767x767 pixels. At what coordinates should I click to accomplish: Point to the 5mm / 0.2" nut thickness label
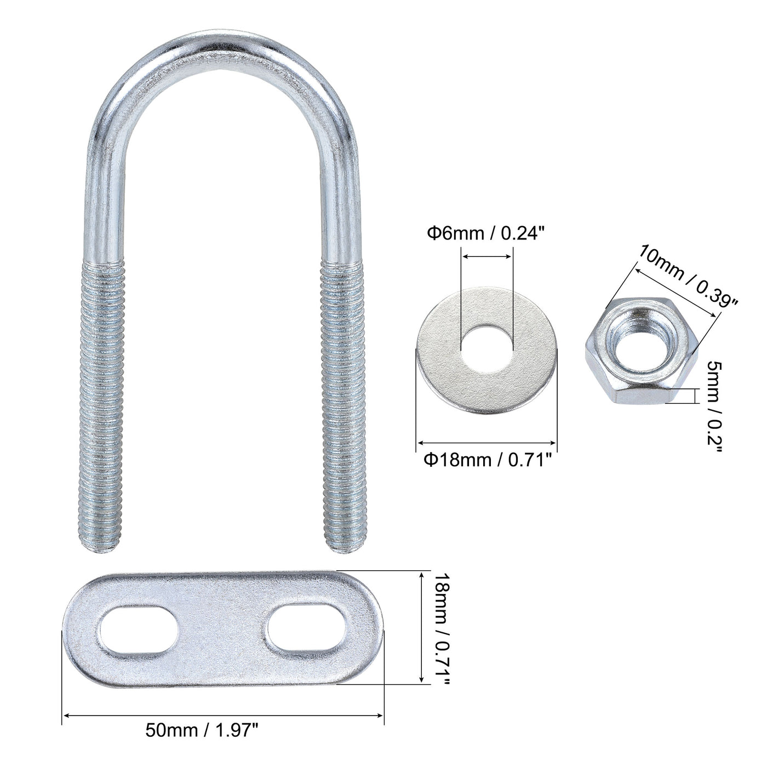point(714,406)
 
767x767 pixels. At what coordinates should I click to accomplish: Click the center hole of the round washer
point(486,347)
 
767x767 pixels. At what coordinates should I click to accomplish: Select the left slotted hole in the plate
point(138,628)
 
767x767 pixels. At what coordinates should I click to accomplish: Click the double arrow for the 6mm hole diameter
point(486,255)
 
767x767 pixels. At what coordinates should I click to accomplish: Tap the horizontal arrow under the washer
point(486,443)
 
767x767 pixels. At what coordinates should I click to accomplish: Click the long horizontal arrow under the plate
point(223,715)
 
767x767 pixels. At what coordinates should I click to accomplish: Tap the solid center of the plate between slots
point(222,627)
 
